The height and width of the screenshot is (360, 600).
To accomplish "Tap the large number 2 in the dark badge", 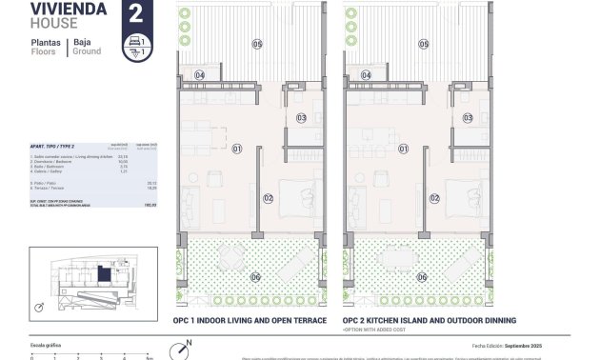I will point(136,14).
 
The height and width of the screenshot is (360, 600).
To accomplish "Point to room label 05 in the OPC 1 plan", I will point(256,44).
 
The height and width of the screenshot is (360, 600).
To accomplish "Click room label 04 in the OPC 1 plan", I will point(200,74).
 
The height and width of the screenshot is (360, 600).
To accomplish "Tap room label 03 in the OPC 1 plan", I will point(301,118).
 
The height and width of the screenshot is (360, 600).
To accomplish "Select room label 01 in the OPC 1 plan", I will point(237,148).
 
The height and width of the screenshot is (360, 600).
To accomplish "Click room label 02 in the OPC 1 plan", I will point(269,198).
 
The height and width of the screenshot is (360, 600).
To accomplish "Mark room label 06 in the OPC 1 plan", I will point(255,277).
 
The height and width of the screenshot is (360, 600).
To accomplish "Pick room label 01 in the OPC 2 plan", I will point(403,148).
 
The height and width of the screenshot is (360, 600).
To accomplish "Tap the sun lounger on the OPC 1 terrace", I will point(296,259).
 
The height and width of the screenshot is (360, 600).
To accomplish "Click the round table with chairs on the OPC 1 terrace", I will point(232,257).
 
